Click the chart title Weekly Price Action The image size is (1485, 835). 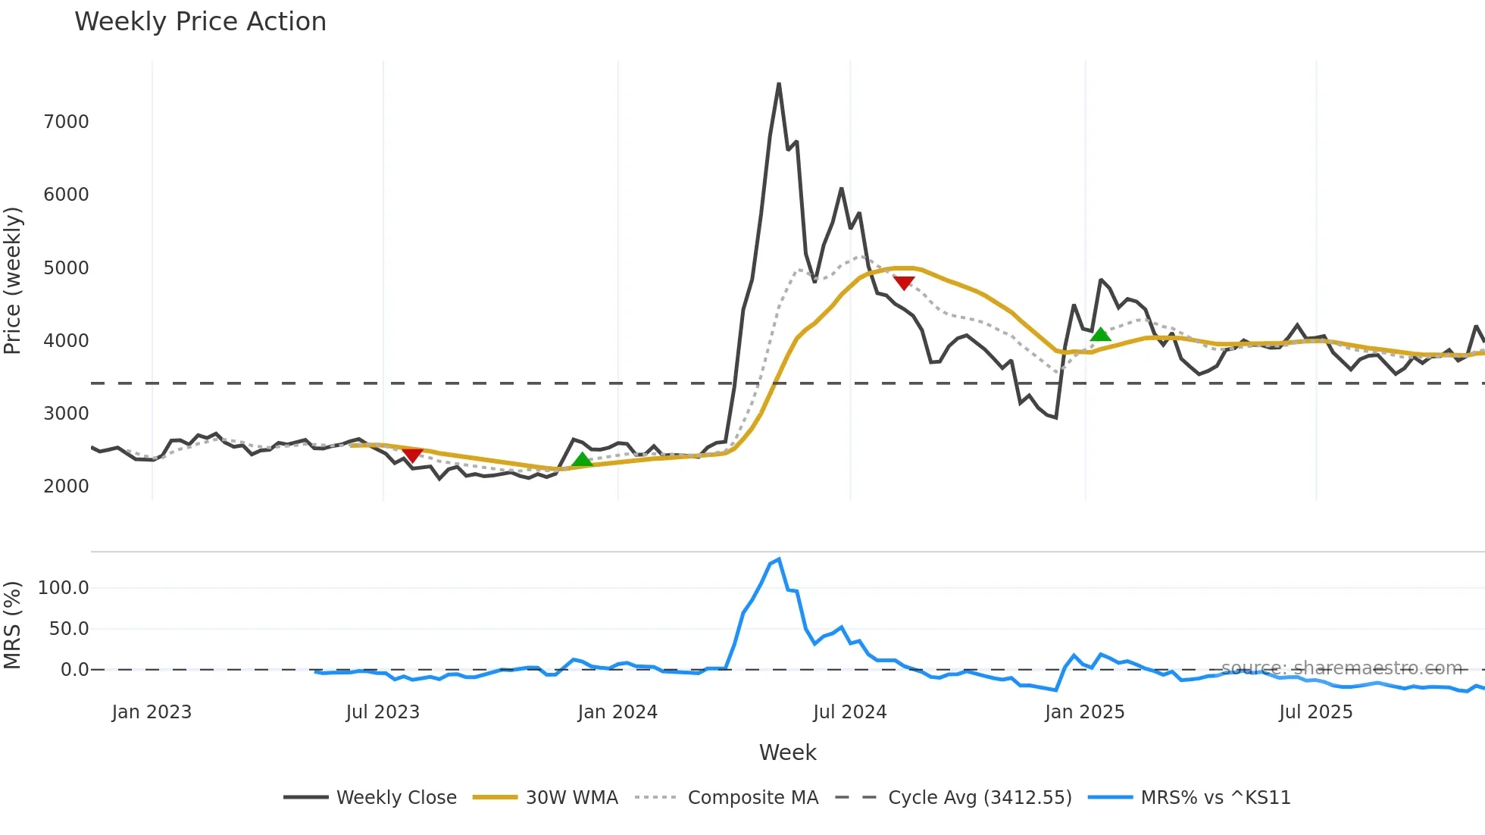[200, 22]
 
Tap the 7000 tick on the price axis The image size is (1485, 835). [66, 122]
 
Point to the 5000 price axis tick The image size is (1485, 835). [66, 268]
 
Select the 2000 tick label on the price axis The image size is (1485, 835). [66, 486]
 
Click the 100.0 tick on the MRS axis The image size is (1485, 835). [64, 588]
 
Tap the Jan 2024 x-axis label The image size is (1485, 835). [617, 712]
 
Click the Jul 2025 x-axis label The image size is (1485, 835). [1315, 712]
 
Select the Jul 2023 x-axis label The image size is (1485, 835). [383, 712]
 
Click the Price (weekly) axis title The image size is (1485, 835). [13, 280]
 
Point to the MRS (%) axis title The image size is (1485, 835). [13, 625]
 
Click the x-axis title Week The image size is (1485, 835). [787, 752]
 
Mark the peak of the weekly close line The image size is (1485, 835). [779, 83]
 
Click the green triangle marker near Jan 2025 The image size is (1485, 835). [1100, 334]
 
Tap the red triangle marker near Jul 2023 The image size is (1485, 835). [412, 455]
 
